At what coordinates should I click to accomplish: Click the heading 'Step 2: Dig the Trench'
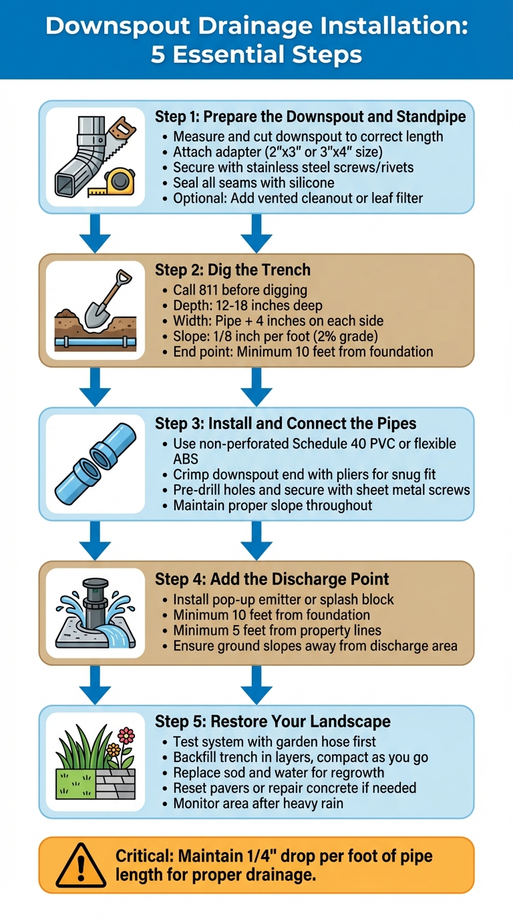[232, 270]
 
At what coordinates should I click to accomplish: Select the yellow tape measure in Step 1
[121, 180]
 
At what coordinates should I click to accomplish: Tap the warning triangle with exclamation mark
[80, 866]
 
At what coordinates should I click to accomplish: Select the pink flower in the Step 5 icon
[126, 735]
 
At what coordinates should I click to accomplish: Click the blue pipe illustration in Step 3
[95, 464]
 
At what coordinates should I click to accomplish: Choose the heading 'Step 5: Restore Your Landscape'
[273, 721]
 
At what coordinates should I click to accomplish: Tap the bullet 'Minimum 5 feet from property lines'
[277, 630]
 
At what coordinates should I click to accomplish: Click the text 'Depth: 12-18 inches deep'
[248, 305]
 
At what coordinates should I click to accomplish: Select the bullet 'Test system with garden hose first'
[275, 741]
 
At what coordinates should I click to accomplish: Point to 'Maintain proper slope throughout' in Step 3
[273, 505]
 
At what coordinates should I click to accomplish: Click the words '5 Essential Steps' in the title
[256, 55]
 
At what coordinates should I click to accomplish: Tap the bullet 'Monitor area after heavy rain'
[258, 803]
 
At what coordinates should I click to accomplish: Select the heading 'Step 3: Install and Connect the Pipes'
[285, 423]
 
